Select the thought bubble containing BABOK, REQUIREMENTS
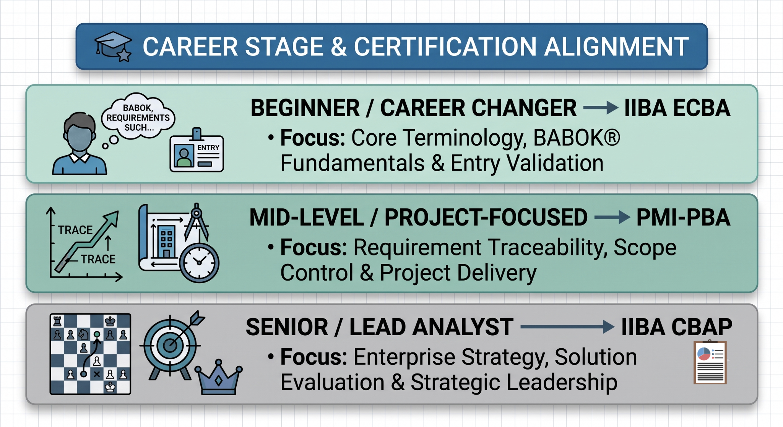click(x=138, y=117)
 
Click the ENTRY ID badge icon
click(x=197, y=151)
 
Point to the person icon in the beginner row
click(x=80, y=144)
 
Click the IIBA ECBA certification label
click(x=677, y=108)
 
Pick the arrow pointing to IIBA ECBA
click(x=601, y=108)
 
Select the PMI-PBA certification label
click(x=683, y=218)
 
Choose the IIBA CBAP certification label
click(x=677, y=327)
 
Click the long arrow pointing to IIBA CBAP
click(x=567, y=327)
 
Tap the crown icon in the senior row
click(x=218, y=377)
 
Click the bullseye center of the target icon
click(x=169, y=346)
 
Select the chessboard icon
click(x=90, y=354)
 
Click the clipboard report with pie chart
click(x=710, y=362)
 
